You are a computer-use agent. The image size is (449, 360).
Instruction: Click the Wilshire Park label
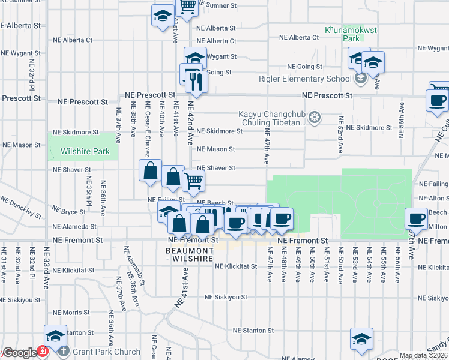[85, 152]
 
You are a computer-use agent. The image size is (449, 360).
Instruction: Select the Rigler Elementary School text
[305, 79]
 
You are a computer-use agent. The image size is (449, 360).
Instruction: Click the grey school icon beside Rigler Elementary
[360, 79]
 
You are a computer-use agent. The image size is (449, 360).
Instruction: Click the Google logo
[19, 353]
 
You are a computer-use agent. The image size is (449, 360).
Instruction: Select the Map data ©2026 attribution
[424, 356]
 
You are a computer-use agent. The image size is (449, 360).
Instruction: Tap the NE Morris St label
[71, 313]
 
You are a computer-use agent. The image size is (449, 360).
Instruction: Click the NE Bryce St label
[69, 211]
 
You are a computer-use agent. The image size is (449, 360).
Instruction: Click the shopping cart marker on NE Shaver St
[193, 179]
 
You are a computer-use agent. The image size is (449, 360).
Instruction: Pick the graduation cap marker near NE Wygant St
[195, 58]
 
